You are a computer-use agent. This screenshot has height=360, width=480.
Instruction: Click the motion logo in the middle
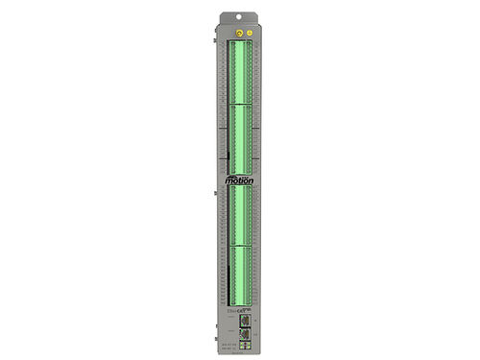pyautogui.click(x=238, y=180)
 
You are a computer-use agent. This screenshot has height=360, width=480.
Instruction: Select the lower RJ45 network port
pyautogui.click(x=246, y=336)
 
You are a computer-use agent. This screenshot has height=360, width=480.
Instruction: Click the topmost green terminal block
pyautogui.click(x=239, y=73)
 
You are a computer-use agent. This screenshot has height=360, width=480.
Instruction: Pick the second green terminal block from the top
pyautogui.click(x=239, y=134)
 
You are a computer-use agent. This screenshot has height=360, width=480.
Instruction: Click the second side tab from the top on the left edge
pyautogui.click(x=213, y=154)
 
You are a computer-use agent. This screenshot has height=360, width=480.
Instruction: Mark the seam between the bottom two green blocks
pyautogui.click(x=239, y=245)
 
